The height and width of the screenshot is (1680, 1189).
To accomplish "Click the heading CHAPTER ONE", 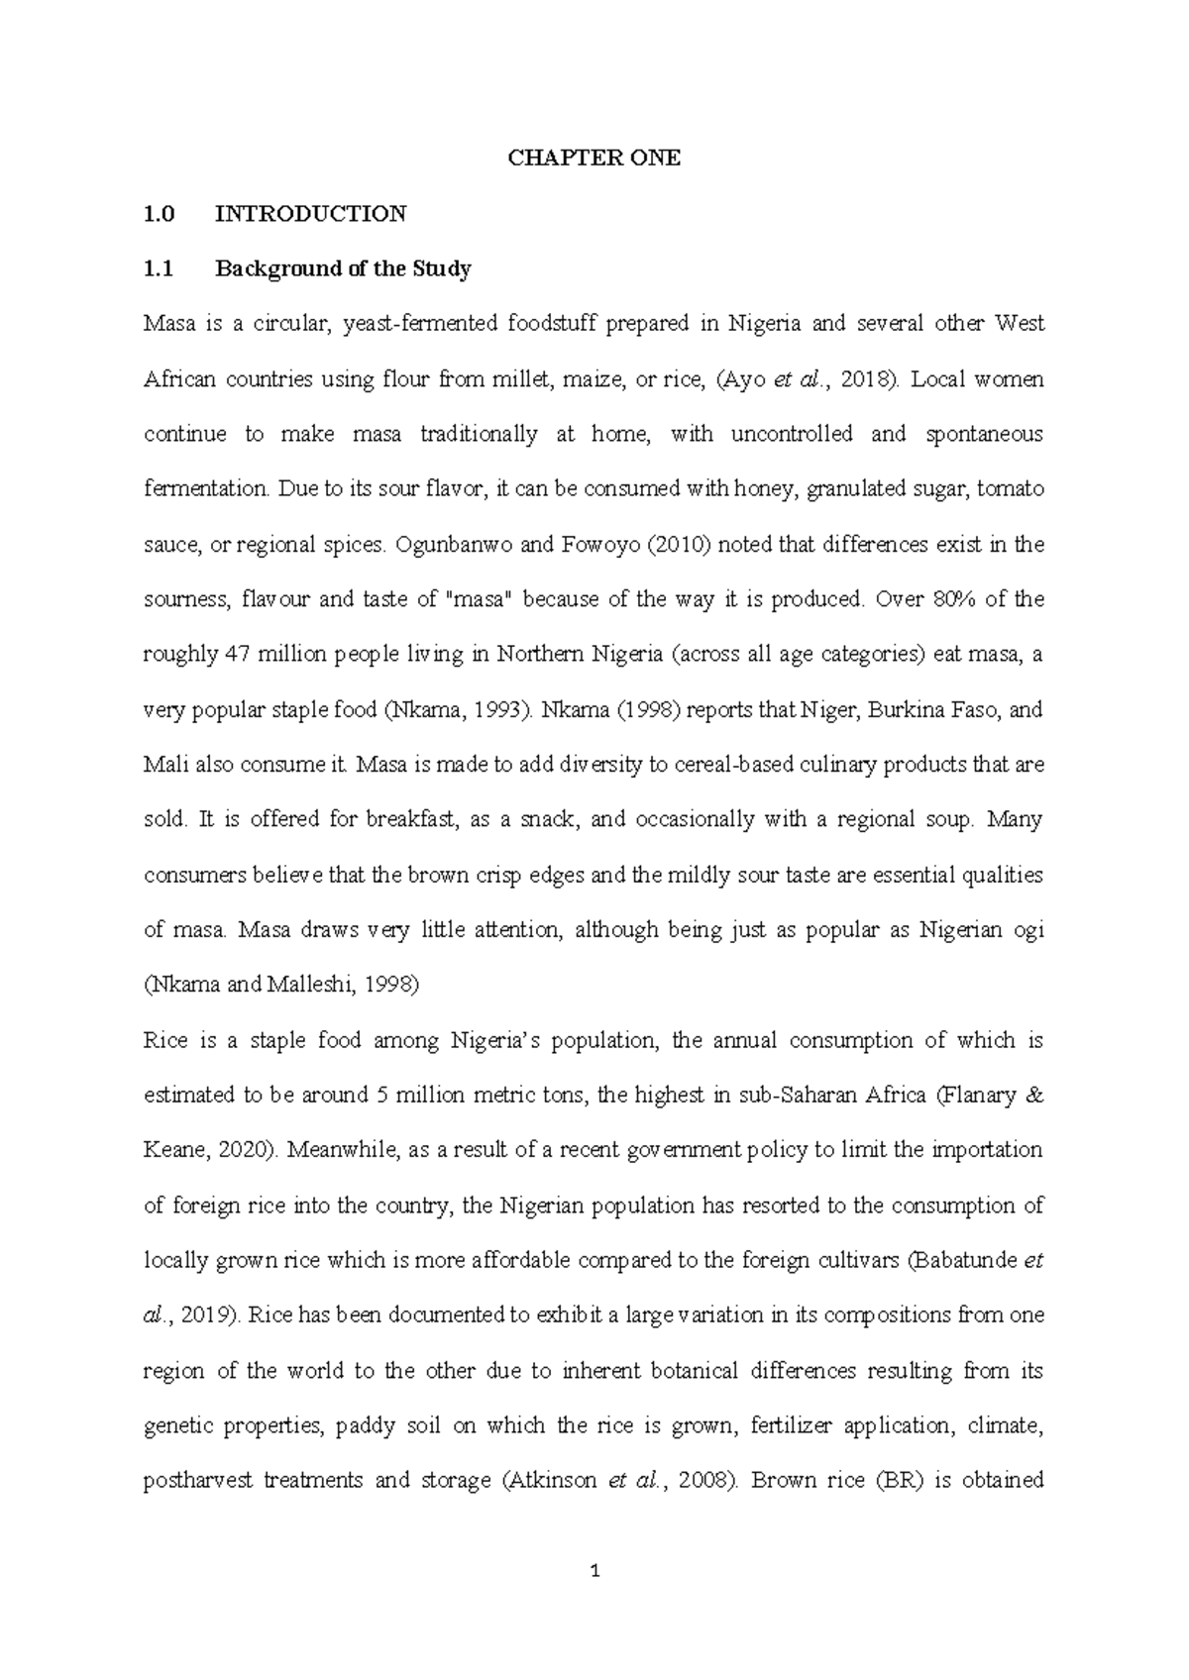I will tap(594, 158).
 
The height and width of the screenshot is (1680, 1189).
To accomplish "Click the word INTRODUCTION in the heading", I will tap(310, 214).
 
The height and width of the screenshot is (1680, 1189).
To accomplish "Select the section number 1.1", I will tap(159, 268).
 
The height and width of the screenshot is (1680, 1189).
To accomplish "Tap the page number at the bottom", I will tap(594, 1570).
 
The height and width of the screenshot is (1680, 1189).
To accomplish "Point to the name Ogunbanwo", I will tap(451, 545).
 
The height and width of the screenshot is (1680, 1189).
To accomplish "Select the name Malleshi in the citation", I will tap(311, 986).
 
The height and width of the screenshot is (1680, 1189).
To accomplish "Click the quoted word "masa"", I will tap(480, 599).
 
